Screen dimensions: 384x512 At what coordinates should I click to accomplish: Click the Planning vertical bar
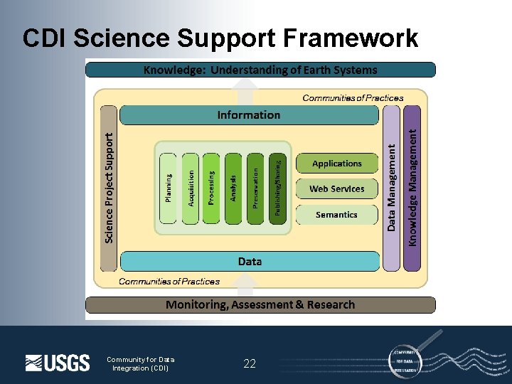tap(168, 188)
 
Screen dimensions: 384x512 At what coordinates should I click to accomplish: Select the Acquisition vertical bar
tap(190, 188)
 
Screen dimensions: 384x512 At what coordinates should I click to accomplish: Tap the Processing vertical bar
tap(212, 188)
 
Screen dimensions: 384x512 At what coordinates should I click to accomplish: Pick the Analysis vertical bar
tap(234, 188)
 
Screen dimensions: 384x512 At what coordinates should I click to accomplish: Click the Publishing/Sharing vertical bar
tap(279, 188)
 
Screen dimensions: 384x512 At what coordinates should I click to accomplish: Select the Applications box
tap(337, 164)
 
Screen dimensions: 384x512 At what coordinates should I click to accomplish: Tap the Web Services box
tap(337, 189)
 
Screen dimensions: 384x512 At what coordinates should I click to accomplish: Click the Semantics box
tap(337, 215)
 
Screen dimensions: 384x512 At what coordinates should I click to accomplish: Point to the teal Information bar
tap(249, 114)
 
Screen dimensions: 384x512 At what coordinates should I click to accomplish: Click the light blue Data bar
tap(250, 261)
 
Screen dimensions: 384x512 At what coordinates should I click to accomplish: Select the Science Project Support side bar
tap(108, 188)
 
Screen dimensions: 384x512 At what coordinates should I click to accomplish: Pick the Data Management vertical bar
tap(391, 188)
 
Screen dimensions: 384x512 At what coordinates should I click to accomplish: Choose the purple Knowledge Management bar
tap(412, 188)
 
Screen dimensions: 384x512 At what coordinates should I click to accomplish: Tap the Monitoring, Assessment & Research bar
tap(260, 305)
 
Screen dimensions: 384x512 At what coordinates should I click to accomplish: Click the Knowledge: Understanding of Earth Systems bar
tap(260, 70)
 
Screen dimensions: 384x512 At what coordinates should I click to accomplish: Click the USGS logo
tap(58, 363)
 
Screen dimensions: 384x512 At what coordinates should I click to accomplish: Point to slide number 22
tap(250, 364)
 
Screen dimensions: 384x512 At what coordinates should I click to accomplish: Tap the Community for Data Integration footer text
tap(140, 363)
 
